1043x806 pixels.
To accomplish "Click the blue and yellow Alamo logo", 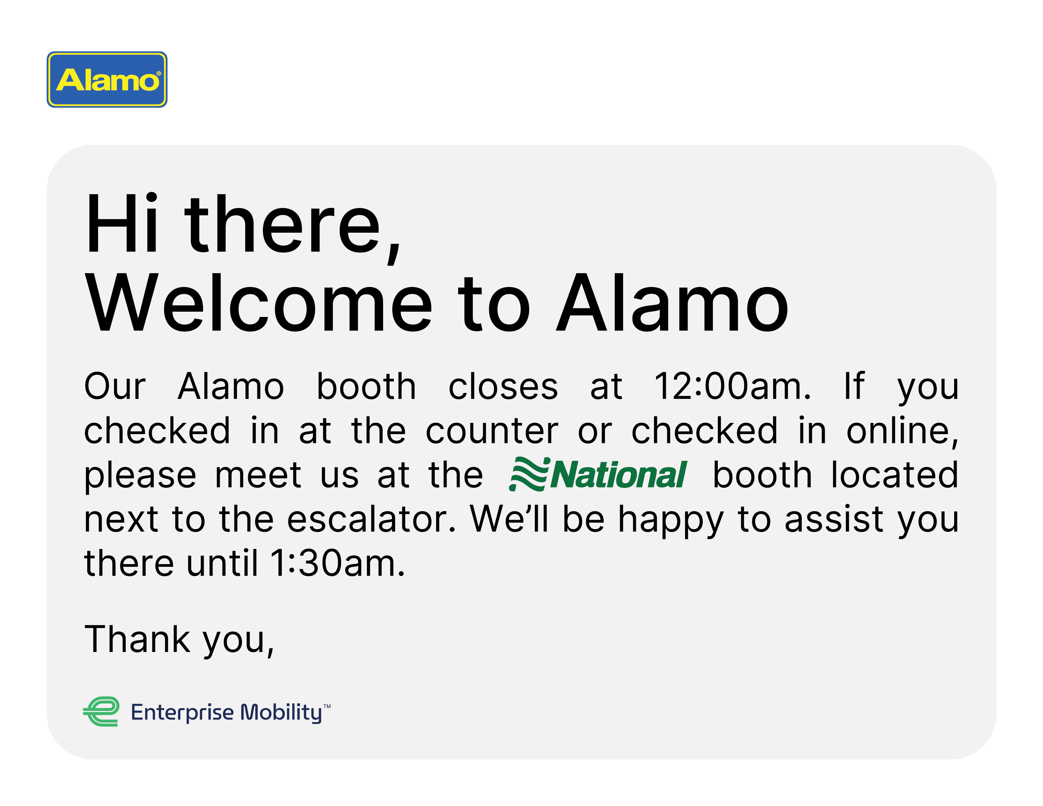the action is tap(107, 79).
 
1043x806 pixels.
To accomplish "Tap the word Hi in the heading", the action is tap(121, 223).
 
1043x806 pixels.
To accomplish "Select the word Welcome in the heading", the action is tap(258, 302).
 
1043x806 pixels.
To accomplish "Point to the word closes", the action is tap(503, 385).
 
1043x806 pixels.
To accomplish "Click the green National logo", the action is tap(598, 474).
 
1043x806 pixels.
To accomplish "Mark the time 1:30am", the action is tap(338, 563).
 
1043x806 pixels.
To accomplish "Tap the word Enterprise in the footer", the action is tap(182, 713).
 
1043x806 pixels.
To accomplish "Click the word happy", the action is tap(671, 520).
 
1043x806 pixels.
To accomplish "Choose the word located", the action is tap(895, 474).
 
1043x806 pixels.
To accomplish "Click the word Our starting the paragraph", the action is tap(115, 385).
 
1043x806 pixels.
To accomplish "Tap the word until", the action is tap(222, 563).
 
